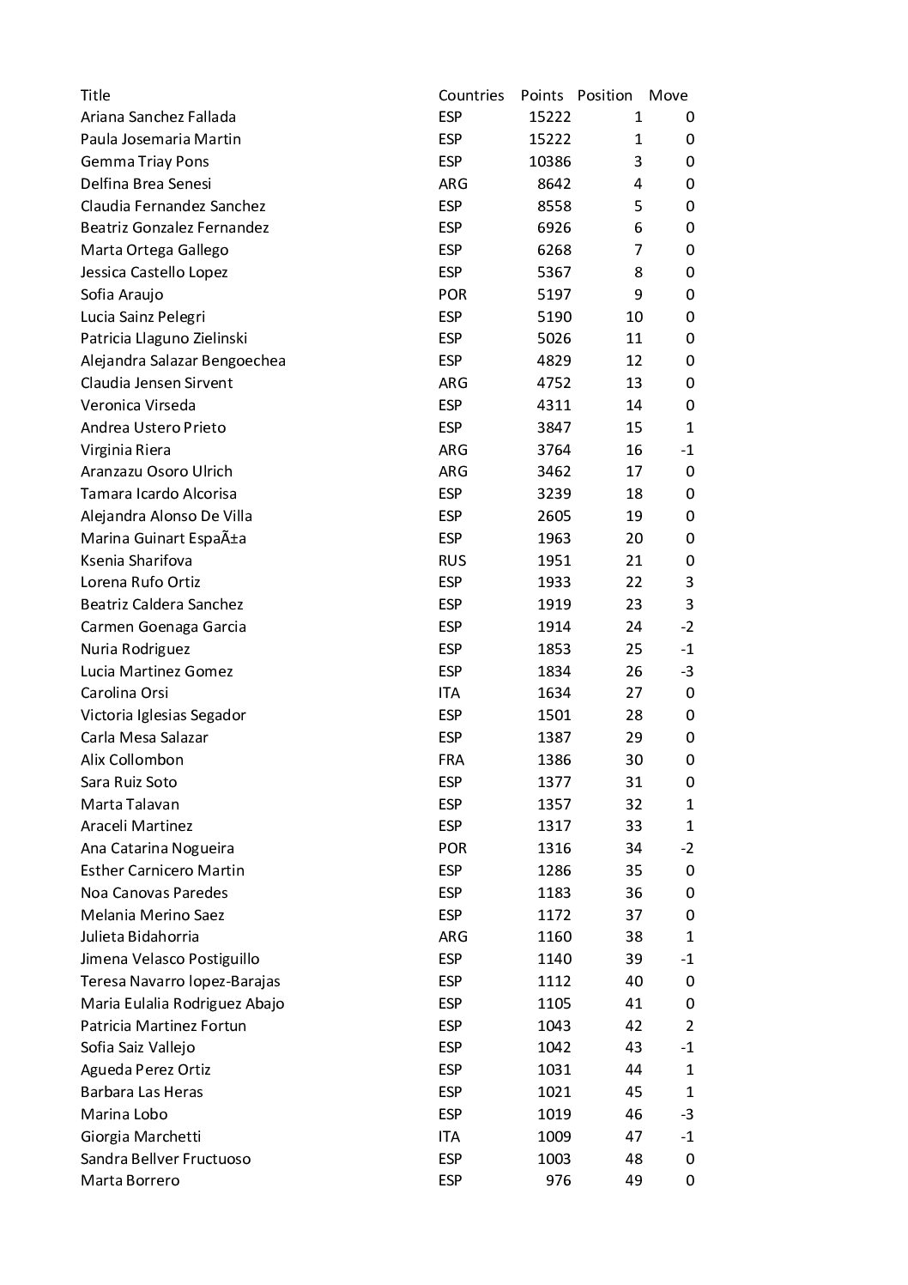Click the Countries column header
tap(471, 95)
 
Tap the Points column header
tap(542, 95)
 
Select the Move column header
tap(668, 95)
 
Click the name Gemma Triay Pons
tap(144, 161)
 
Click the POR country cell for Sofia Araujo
tap(452, 294)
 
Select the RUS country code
tap(452, 561)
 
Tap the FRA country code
tap(451, 760)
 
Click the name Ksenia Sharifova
tap(136, 561)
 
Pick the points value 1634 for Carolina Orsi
tap(554, 693)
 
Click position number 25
tap(633, 649)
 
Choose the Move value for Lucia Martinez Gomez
tap(687, 671)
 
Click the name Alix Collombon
tap(132, 760)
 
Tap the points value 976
tap(558, 1180)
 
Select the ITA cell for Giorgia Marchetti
tap(449, 1136)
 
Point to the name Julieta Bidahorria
tap(140, 936)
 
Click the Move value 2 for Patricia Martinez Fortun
tap(690, 1026)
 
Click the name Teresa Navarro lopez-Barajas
tap(180, 981)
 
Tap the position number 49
tap(633, 1180)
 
